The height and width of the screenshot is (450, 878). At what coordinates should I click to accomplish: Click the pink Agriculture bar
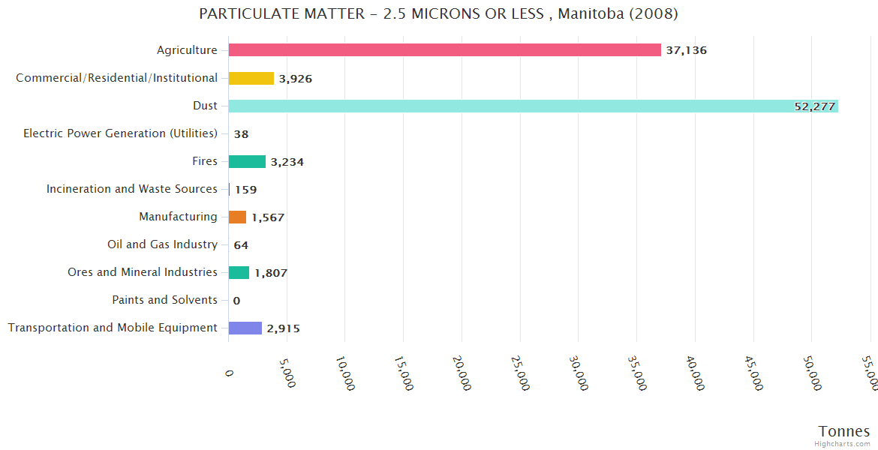[444, 50]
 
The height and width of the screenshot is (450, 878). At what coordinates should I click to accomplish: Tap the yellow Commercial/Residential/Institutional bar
[251, 78]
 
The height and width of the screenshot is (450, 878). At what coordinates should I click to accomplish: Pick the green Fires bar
[247, 161]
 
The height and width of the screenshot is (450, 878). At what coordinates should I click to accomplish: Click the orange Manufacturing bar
[237, 217]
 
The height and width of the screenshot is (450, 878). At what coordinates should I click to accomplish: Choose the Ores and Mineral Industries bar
[239, 272]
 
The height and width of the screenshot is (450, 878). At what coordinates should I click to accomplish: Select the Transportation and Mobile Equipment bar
[245, 328]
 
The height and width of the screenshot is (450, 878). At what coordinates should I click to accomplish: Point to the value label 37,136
[686, 50]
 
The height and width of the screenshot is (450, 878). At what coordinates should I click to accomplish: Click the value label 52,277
[814, 106]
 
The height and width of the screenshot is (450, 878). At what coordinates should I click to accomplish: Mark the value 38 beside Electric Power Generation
[241, 134]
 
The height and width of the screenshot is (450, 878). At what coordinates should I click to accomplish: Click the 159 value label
[245, 190]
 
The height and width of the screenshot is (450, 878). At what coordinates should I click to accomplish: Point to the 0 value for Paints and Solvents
[236, 301]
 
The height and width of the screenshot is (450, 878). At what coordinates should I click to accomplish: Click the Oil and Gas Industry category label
[162, 244]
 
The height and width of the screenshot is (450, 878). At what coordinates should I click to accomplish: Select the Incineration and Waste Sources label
[132, 189]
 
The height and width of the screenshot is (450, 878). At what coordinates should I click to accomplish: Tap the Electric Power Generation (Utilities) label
[120, 133]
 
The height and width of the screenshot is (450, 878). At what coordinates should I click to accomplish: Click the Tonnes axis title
[843, 431]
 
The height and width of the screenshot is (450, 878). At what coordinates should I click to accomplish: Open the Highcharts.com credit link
[843, 444]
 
